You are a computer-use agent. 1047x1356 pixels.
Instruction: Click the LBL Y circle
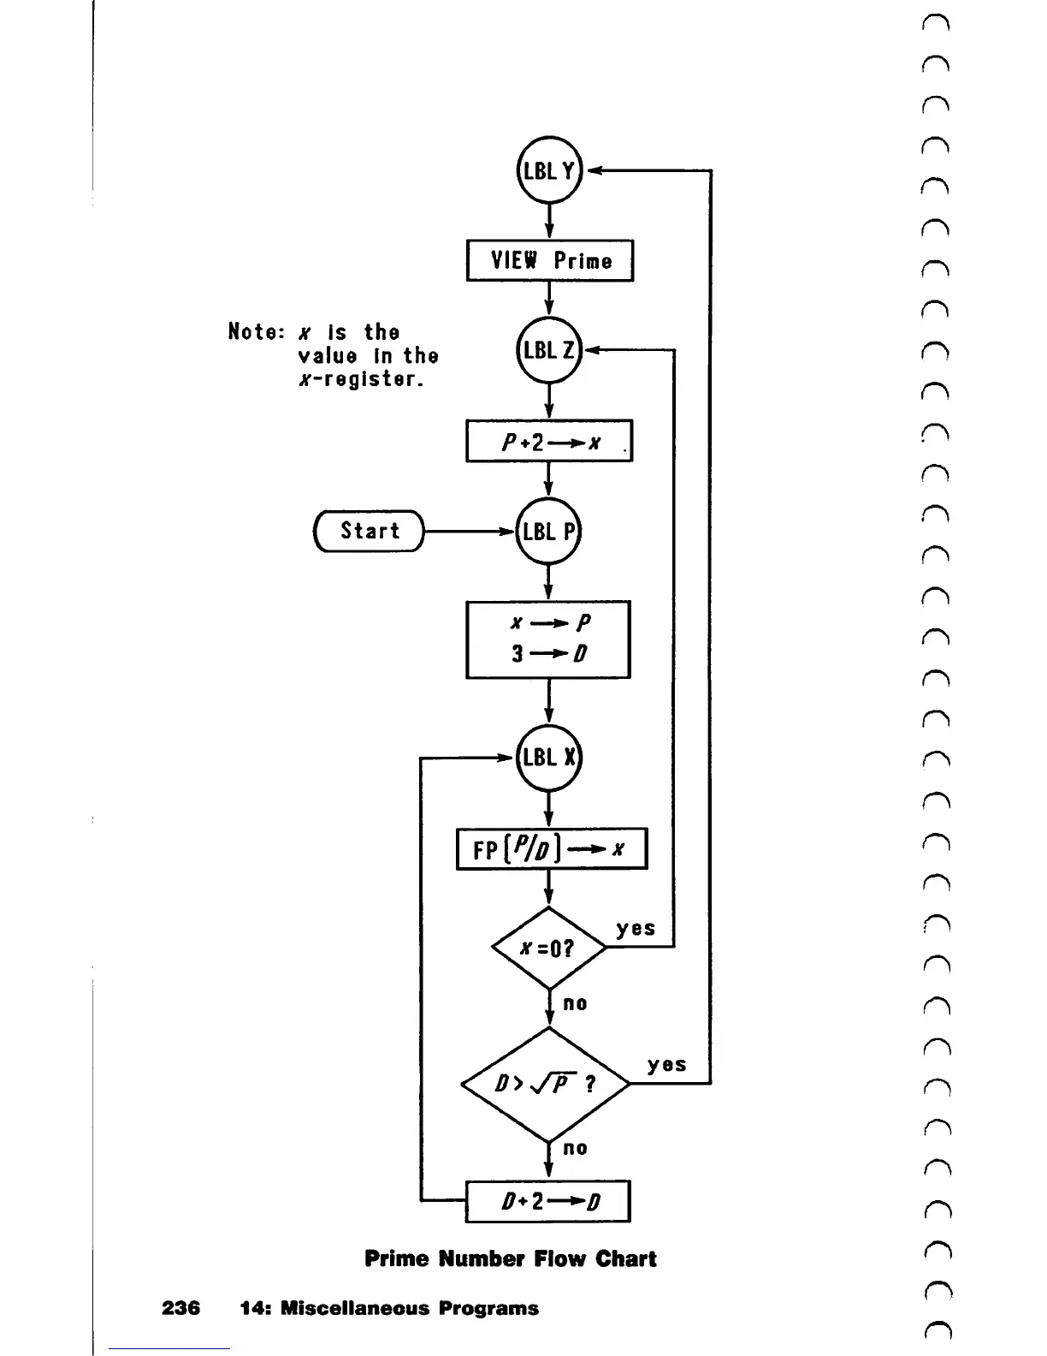click(548, 170)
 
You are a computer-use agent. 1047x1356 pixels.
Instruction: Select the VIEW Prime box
click(550, 261)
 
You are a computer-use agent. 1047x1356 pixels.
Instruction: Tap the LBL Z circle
click(548, 350)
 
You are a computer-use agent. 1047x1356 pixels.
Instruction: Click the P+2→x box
click(549, 442)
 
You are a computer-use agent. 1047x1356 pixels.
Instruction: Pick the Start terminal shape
click(370, 531)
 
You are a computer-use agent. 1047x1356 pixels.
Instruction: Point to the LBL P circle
click(548, 532)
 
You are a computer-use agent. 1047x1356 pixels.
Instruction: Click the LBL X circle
click(548, 758)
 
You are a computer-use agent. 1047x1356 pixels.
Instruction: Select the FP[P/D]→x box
click(551, 849)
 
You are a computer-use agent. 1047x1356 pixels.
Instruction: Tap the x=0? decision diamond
click(549, 948)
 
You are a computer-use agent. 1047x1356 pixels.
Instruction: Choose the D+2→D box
click(547, 1201)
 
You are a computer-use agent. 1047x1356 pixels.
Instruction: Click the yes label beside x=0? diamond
click(636, 929)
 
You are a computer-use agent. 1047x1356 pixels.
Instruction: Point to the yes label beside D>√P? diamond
click(666, 1065)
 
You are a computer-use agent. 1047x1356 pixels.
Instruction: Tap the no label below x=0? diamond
click(575, 1003)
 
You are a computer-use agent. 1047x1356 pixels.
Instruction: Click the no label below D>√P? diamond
click(575, 1148)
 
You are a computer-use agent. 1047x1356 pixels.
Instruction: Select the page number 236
click(180, 1308)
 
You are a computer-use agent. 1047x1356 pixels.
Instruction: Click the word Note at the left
click(254, 331)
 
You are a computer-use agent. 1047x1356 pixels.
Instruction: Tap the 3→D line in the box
click(549, 654)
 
